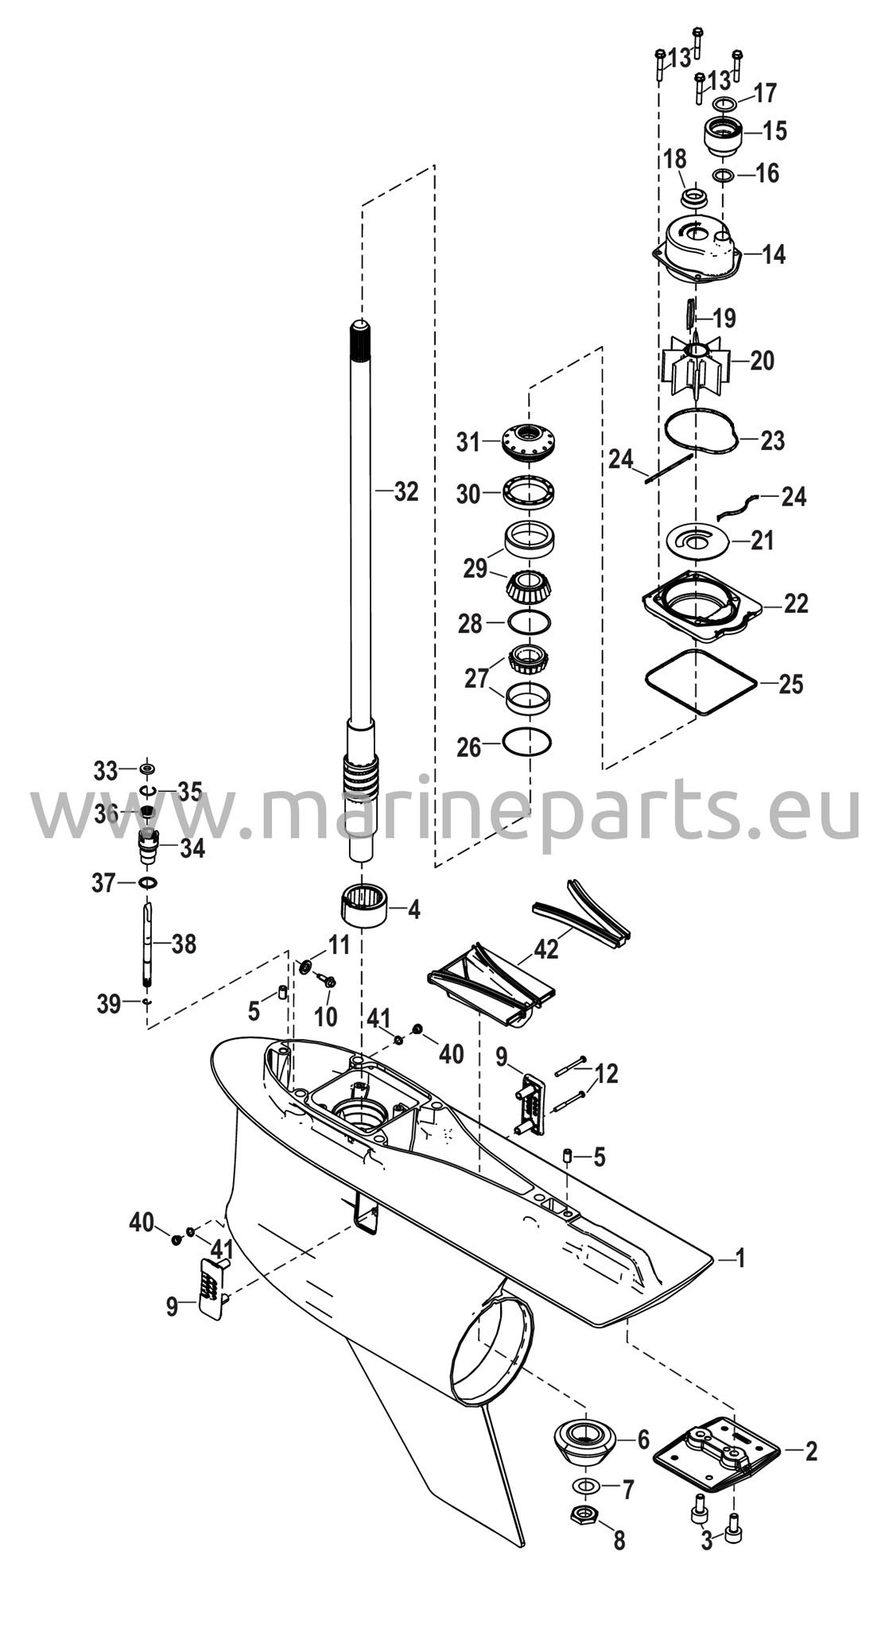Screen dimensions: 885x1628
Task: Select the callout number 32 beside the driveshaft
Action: [x=406, y=492]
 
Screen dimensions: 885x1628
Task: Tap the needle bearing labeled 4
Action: [x=363, y=905]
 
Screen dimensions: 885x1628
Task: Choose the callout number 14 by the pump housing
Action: [x=773, y=255]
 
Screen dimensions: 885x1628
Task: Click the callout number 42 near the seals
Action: [x=547, y=948]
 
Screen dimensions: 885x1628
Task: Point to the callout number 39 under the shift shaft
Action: [x=109, y=1004]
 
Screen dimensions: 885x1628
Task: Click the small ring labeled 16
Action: [x=723, y=175]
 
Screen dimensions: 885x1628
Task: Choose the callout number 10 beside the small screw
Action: [x=326, y=1016]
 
